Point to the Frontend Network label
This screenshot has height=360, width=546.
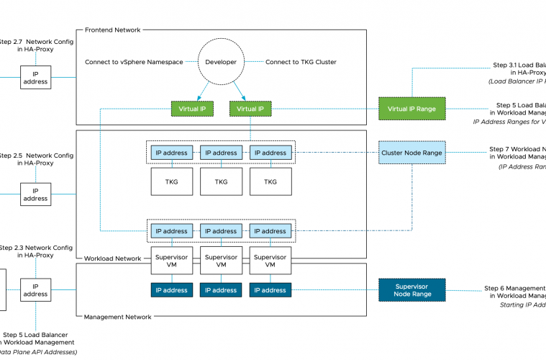[112, 30]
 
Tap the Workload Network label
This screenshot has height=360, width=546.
[112, 258]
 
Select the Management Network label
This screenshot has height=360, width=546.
[117, 317]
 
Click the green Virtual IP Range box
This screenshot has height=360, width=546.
[412, 109]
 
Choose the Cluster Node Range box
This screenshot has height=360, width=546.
[412, 153]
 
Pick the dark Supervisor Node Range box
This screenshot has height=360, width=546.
[412, 289]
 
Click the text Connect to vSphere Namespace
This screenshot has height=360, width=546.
[134, 62]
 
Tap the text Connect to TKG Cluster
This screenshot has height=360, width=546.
[301, 62]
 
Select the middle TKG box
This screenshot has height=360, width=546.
[220, 181]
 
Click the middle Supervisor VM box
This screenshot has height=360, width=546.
[220, 261]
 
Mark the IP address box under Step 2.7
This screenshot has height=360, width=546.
[35, 77]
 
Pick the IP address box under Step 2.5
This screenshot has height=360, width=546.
[35, 194]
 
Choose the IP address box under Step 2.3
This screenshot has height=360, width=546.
[35, 289]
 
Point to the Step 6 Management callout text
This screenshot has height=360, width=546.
[514, 292]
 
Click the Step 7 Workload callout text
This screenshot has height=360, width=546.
[517, 153]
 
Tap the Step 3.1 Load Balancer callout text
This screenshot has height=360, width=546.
[518, 68]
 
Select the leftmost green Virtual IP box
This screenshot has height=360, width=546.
[192, 109]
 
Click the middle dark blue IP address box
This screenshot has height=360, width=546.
[220, 290]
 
